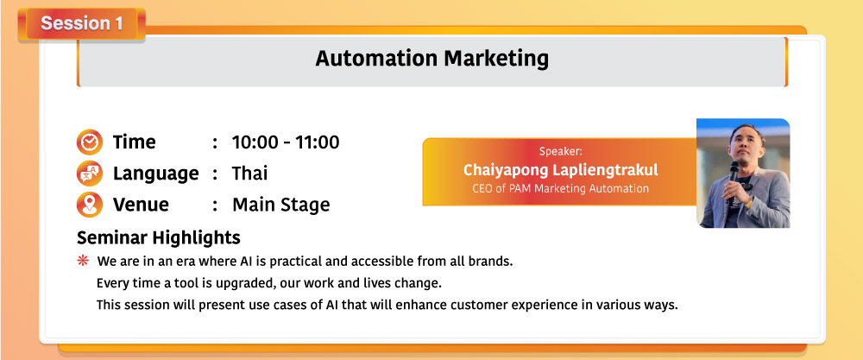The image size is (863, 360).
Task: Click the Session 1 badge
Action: tap(81, 24)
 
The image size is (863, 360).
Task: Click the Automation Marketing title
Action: tap(432, 59)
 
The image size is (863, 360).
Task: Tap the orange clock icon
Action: tap(89, 142)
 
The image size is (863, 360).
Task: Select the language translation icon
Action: tap(89, 174)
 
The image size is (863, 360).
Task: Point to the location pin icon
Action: tap(89, 205)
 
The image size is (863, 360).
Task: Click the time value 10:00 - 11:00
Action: tap(286, 142)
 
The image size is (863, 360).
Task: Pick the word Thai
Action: tap(250, 174)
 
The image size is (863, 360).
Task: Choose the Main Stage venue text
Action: tap(280, 205)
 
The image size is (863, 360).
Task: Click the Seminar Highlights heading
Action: tap(159, 237)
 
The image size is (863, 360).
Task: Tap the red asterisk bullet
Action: tap(83, 261)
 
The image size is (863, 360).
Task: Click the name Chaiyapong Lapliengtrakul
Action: tap(560, 170)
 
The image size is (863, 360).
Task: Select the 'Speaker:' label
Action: tap(560, 151)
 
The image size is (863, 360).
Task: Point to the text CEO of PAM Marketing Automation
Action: tap(560, 188)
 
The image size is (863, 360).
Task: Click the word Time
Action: tap(135, 142)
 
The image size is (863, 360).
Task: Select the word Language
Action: tap(155, 174)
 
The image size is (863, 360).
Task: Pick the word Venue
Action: tap(141, 205)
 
